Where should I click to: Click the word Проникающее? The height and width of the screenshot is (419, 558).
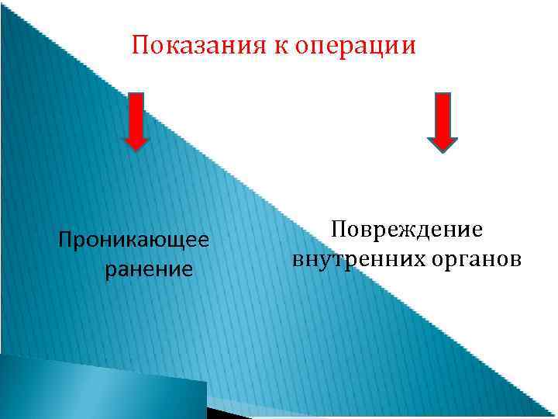(134, 241)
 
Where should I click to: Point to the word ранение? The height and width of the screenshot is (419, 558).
(147, 270)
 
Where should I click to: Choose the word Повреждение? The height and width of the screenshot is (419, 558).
(406, 230)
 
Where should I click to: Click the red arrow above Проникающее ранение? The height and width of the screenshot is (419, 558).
(136, 120)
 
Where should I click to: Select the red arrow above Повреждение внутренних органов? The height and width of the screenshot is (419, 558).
(443, 120)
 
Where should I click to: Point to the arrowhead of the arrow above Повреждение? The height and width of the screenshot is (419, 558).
(443, 142)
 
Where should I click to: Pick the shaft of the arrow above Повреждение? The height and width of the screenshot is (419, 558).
(443, 113)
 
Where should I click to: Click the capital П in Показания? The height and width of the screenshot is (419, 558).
(140, 46)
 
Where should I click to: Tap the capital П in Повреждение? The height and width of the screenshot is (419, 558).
(338, 229)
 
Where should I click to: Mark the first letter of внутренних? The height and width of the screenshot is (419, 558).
(298, 259)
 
